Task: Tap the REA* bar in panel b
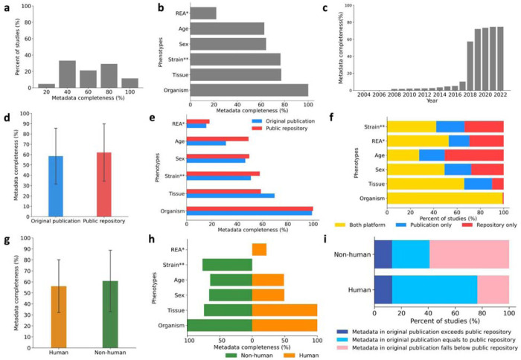(203, 13)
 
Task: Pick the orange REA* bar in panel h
(259, 249)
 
